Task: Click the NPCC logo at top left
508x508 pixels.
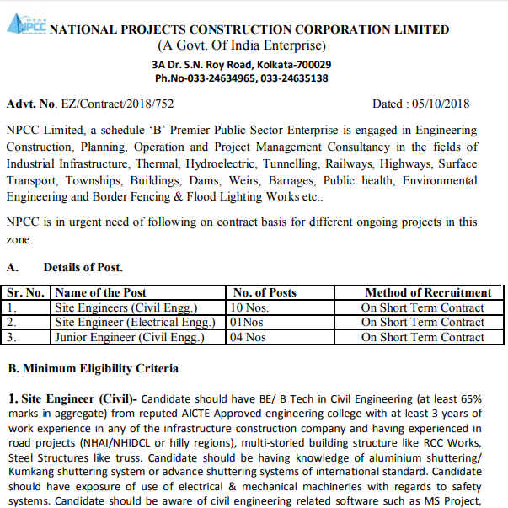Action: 27,24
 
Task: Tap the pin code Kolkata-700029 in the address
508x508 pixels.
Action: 292,64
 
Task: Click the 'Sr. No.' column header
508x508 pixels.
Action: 27,293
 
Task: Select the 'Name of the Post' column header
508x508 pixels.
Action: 100,293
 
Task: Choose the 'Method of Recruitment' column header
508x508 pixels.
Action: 427,293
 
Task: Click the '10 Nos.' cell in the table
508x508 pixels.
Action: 252,307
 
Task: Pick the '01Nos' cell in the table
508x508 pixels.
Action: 249,322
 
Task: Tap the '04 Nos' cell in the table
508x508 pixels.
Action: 249,337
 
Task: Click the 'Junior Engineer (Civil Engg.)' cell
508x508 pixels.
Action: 130,337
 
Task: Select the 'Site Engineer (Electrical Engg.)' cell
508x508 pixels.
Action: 135,322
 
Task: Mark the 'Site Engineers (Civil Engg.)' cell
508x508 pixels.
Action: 126,307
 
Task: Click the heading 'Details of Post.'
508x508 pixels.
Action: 83,268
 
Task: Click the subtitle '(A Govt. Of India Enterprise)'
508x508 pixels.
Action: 241,45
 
